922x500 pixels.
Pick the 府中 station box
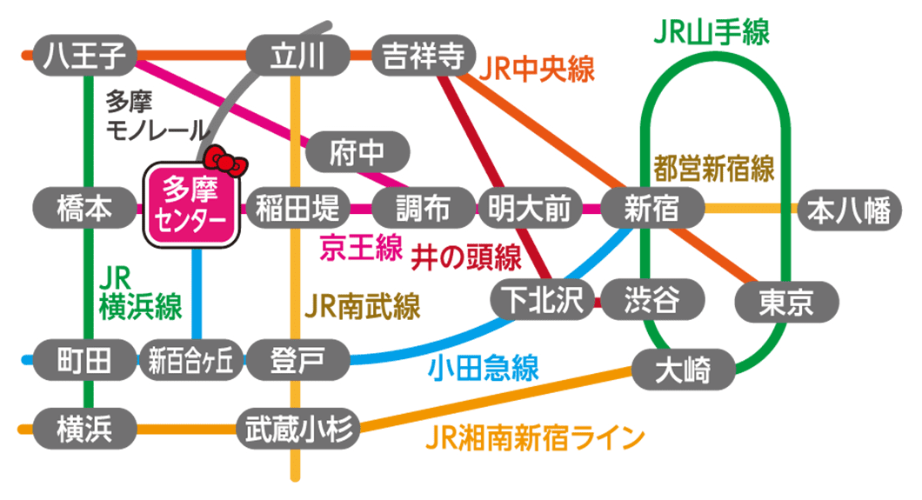click(x=357, y=154)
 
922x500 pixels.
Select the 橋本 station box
click(x=85, y=209)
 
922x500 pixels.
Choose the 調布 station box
click(x=423, y=209)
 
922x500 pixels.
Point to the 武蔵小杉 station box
click(x=297, y=428)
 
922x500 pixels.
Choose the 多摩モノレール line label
click(x=157, y=117)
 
